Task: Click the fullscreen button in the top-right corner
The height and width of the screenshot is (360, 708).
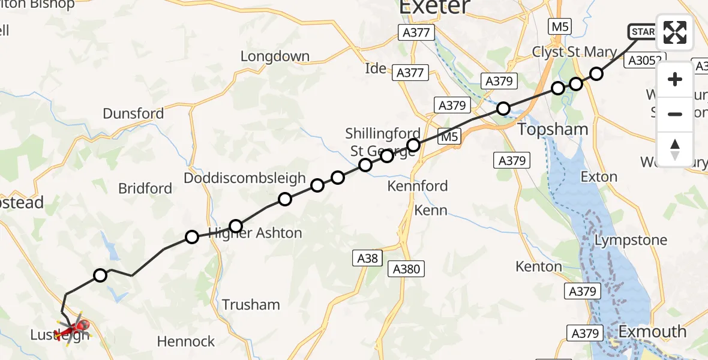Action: coord(675,32)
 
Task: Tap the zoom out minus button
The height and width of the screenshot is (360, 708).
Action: coord(675,114)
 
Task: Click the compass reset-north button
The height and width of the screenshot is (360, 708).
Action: coord(675,149)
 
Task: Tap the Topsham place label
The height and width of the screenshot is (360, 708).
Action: coord(553,129)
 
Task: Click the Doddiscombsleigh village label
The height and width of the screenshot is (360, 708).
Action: coord(245,179)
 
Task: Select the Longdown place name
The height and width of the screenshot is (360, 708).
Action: coord(275,56)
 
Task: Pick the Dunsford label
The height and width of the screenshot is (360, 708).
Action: coord(133,113)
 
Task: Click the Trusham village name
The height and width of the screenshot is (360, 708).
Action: coord(251,305)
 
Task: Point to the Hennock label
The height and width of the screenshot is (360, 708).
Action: coord(186,341)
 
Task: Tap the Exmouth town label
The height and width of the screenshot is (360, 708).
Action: coord(652,331)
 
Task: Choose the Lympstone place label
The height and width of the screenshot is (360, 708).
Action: coord(630,241)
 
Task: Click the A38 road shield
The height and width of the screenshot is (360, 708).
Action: coord(367,258)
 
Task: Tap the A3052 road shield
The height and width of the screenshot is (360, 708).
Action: coord(645,60)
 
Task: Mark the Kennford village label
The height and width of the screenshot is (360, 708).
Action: coord(418,186)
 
